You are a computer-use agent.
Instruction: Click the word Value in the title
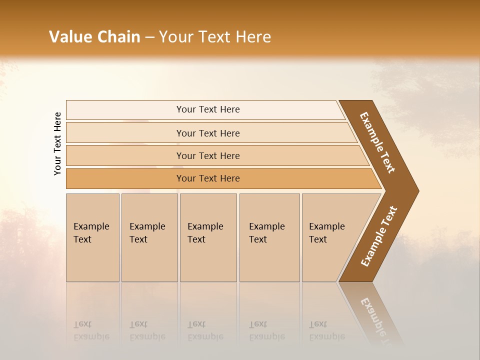pyautogui.click(x=69, y=37)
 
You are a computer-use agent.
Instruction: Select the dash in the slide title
pyautogui.click(x=149, y=37)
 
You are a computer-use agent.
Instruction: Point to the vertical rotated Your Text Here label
pyautogui.click(x=57, y=143)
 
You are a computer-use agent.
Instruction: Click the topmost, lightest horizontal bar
pyautogui.click(x=207, y=109)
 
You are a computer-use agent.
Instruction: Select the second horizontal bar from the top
pyautogui.click(x=207, y=133)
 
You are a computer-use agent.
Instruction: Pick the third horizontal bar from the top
pyautogui.click(x=207, y=155)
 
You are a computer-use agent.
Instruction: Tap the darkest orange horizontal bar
pyautogui.click(x=207, y=178)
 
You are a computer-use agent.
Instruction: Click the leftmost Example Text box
pyautogui.click(x=92, y=237)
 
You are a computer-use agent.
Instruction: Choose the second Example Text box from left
pyautogui.click(x=149, y=237)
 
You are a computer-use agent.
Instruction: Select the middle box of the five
pyautogui.click(x=208, y=237)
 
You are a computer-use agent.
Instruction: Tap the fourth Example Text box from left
pyautogui.click(x=269, y=237)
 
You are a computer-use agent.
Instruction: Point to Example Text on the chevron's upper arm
pyautogui.click(x=377, y=142)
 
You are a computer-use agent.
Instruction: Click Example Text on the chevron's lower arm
pyautogui.click(x=379, y=236)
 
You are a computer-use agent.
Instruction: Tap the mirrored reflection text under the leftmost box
pyautogui.click(x=91, y=331)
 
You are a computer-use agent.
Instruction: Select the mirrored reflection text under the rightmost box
pyautogui.click(x=326, y=331)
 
